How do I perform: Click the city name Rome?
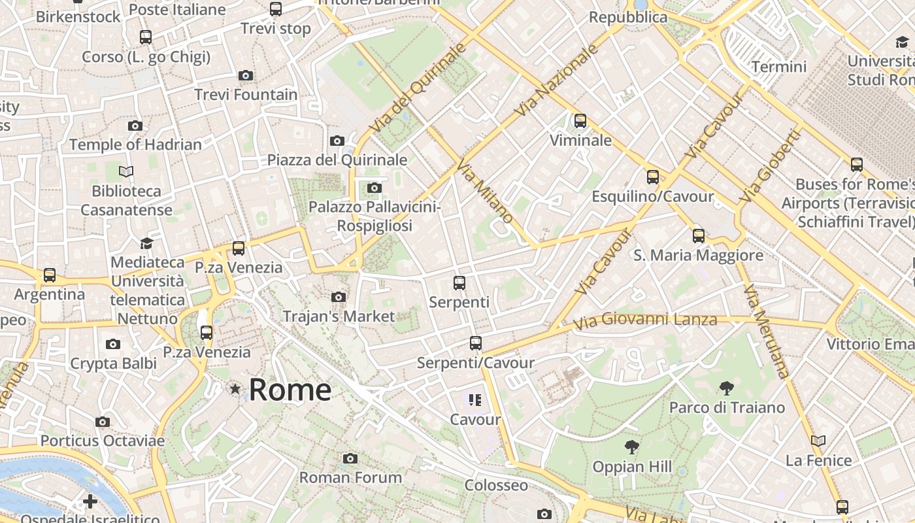click(290, 390)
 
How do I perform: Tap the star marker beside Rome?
click(235, 389)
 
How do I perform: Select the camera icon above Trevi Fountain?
click(246, 75)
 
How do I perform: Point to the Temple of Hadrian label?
click(135, 144)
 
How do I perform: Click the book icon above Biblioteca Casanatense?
click(126, 171)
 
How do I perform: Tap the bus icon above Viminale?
click(580, 121)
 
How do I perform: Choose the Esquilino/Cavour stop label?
click(652, 196)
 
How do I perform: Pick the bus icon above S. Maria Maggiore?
click(699, 236)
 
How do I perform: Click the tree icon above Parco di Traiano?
click(726, 388)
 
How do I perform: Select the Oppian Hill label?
click(631, 467)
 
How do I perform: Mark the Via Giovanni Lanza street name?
click(645, 320)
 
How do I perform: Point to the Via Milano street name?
click(484, 190)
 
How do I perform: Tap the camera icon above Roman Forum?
click(350, 458)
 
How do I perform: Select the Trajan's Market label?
click(339, 316)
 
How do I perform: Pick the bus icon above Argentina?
click(50, 275)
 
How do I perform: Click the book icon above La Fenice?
click(818, 441)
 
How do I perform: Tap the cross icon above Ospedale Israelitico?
click(90, 501)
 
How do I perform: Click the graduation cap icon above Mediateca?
click(146, 243)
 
